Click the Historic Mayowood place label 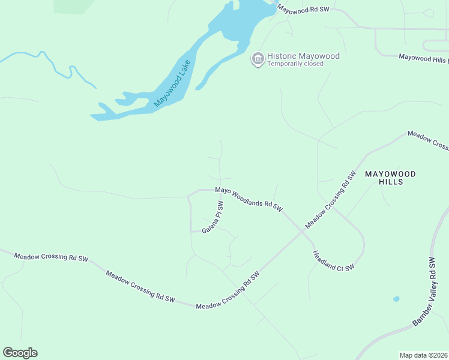point(303,56)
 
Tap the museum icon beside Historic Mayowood point(258,58)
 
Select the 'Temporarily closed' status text point(295,64)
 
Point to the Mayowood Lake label point(172,83)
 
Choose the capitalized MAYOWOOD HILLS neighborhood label point(390,178)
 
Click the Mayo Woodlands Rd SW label point(249,199)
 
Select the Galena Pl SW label point(212,218)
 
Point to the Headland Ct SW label point(334,260)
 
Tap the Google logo point(20,353)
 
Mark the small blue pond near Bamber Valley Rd point(396,298)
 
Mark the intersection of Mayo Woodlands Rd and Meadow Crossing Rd point(301,232)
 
